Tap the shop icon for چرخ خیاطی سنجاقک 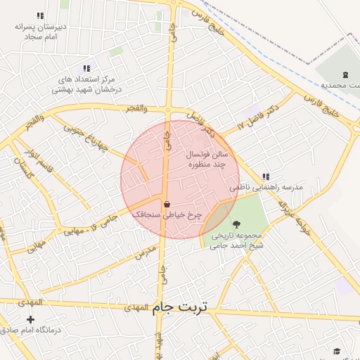(x=167, y=205)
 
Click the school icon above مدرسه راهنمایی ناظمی (x=265, y=176)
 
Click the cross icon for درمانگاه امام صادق (x=30, y=319)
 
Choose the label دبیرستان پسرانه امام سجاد (x=41, y=31)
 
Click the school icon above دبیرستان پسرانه (x=40, y=15)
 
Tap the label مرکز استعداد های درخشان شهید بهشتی (x=86, y=86)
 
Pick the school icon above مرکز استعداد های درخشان (x=86, y=68)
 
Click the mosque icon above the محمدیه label (x=345, y=75)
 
